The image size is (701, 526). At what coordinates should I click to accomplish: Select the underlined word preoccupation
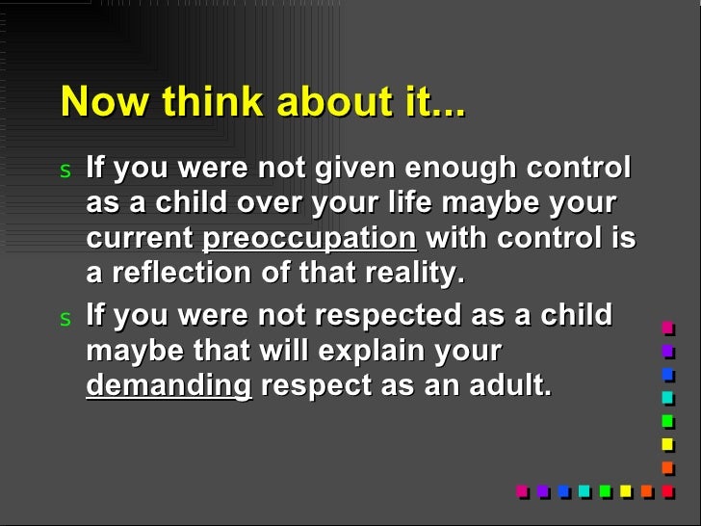309,239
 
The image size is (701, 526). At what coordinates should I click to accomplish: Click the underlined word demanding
169,385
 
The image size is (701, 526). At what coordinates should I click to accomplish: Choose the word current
140,239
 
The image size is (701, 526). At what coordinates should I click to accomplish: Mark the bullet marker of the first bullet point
65,171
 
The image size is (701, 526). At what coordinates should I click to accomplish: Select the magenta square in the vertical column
667,329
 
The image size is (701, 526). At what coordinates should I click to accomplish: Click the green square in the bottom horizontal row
606,490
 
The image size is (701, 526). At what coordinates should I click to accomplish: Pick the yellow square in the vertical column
667,444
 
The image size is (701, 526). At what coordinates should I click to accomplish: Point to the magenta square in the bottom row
522,490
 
